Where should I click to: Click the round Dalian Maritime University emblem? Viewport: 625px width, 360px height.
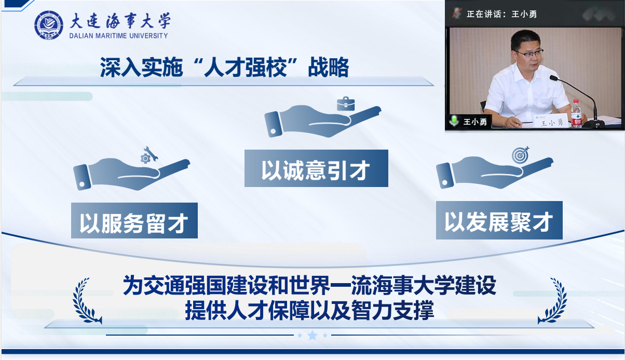pyautogui.click(x=49, y=25)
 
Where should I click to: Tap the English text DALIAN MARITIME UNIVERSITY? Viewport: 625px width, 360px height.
pyautogui.click(x=118, y=36)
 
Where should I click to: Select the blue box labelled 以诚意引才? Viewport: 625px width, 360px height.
pyautogui.click(x=316, y=168)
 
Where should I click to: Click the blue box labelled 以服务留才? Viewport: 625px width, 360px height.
pyautogui.click(x=134, y=220)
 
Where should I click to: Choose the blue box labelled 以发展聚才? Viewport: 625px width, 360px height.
pyautogui.click(x=499, y=220)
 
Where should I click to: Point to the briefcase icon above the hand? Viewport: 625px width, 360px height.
pyautogui.click(x=346, y=104)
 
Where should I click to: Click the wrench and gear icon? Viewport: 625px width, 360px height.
pyautogui.click(x=149, y=155)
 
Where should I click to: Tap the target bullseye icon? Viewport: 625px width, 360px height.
pyautogui.click(x=520, y=155)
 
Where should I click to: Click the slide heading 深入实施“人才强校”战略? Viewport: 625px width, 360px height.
pyautogui.click(x=225, y=68)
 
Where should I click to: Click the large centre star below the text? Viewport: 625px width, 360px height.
pyautogui.click(x=312, y=335)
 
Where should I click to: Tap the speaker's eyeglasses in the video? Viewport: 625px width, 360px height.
pyautogui.click(x=530, y=52)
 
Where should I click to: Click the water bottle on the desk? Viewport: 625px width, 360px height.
pyautogui.click(x=576, y=113)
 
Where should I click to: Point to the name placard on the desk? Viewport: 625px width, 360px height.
pyautogui.click(x=551, y=121)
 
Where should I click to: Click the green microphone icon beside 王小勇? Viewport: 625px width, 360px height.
pyautogui.click(x=454, y=121)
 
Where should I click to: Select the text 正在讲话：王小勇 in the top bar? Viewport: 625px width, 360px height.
pyautogui.click(x=501, y=14)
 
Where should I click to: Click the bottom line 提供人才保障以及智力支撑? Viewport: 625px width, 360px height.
pyautogui.click(x=309, y=310)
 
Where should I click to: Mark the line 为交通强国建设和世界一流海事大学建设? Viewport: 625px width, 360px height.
pyautogui.click(x=309, y=285)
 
